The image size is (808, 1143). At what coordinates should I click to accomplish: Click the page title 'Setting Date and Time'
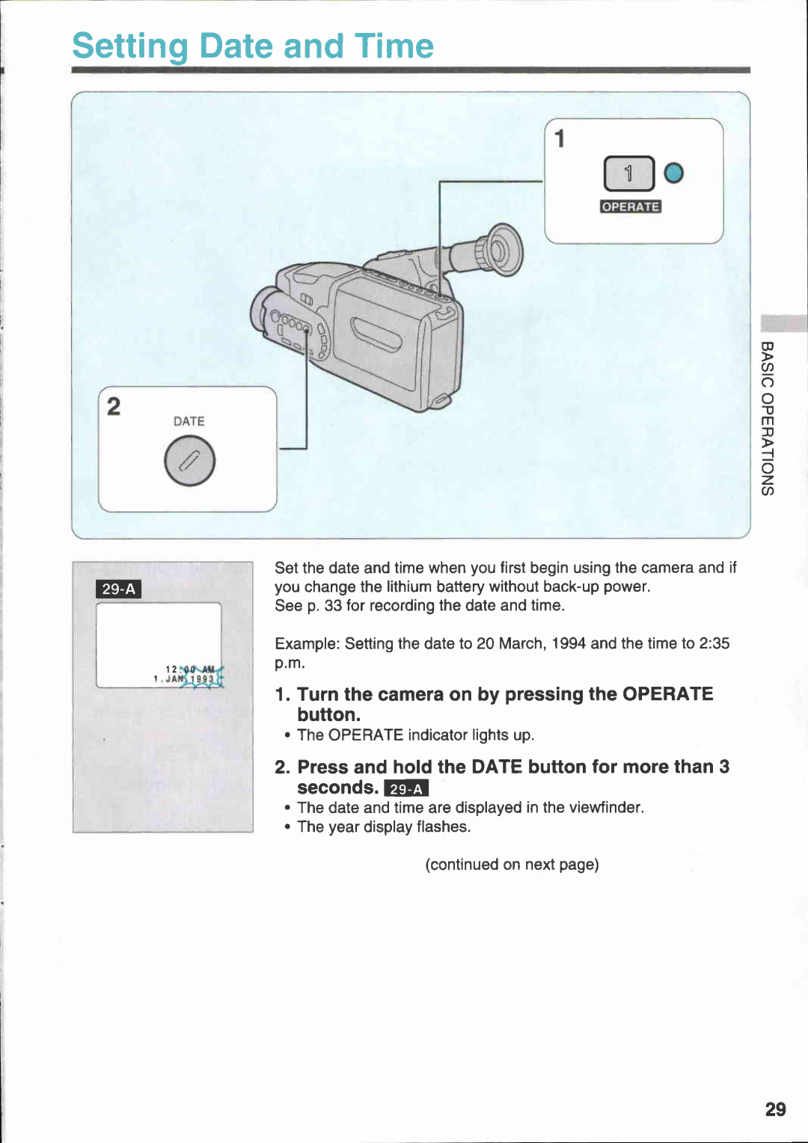pyautogui.click(x=253, y=46)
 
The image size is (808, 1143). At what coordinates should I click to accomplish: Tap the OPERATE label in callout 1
pyautogui.click(x=630, y=207)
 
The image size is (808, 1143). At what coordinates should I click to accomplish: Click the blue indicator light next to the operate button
pyautogui.click(x=673, y=174)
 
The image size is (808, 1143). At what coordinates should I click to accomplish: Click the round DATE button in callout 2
pyautogui.click(x=189, y=461)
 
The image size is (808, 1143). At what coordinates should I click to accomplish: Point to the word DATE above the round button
pyautogui.click(x=189, y=421)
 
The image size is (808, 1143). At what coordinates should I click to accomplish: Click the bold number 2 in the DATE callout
pyautogui.click(x=114, y=406)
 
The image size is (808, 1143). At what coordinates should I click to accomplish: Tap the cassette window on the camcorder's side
pyautogui.click(x=376, y=334)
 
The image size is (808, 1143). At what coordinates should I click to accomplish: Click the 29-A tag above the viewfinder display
pyautogui.click(x=119, y=589)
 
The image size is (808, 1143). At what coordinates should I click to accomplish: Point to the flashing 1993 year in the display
pyautogui.click(x=202, y=679)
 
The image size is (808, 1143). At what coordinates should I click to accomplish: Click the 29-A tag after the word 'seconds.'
pyautogui.click(x=405, y=788)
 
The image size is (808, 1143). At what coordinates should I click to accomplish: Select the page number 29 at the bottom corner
pyautogui.click(x=775, y=1109)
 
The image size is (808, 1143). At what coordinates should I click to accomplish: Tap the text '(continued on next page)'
pyautogui.click(x=512, y=865)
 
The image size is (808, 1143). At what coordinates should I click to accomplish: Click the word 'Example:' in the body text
pyautogui.click(x=307, y=644)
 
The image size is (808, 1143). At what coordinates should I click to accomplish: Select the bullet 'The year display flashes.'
pyautogui.click(x=383, y=827)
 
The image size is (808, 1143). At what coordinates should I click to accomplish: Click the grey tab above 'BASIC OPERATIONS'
pyautogui.click(x=783, y=324)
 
